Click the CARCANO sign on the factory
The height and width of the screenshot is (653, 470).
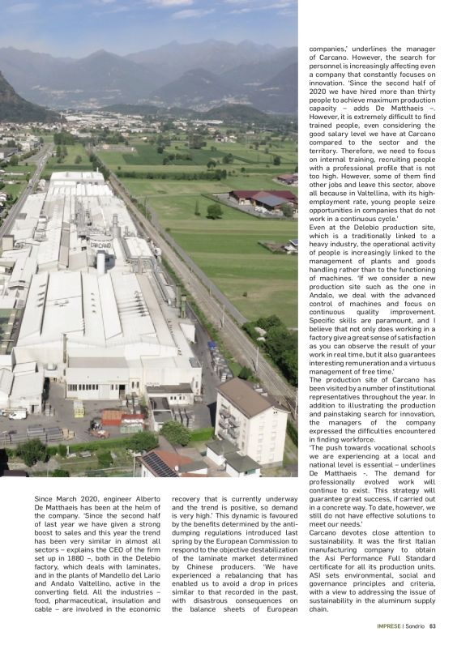100,244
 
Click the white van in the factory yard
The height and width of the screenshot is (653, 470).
17,414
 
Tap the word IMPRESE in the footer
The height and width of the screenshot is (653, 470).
389,625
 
